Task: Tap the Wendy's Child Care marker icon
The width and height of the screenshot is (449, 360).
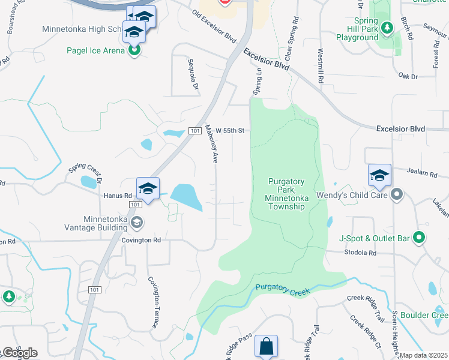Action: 396,194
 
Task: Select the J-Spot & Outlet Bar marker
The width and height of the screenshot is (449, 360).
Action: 420,239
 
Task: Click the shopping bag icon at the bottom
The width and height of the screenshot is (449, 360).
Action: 266,346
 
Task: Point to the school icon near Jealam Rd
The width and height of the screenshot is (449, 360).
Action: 379,175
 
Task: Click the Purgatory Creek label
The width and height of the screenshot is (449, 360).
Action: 282,290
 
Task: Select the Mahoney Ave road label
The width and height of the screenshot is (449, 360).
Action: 211,144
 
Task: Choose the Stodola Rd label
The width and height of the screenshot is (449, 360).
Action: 359,253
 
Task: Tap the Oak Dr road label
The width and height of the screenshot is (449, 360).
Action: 408,76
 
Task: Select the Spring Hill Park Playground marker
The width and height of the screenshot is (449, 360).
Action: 387,27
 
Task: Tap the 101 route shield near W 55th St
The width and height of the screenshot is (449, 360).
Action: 194,130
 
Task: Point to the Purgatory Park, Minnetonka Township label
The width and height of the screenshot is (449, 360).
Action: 286,194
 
